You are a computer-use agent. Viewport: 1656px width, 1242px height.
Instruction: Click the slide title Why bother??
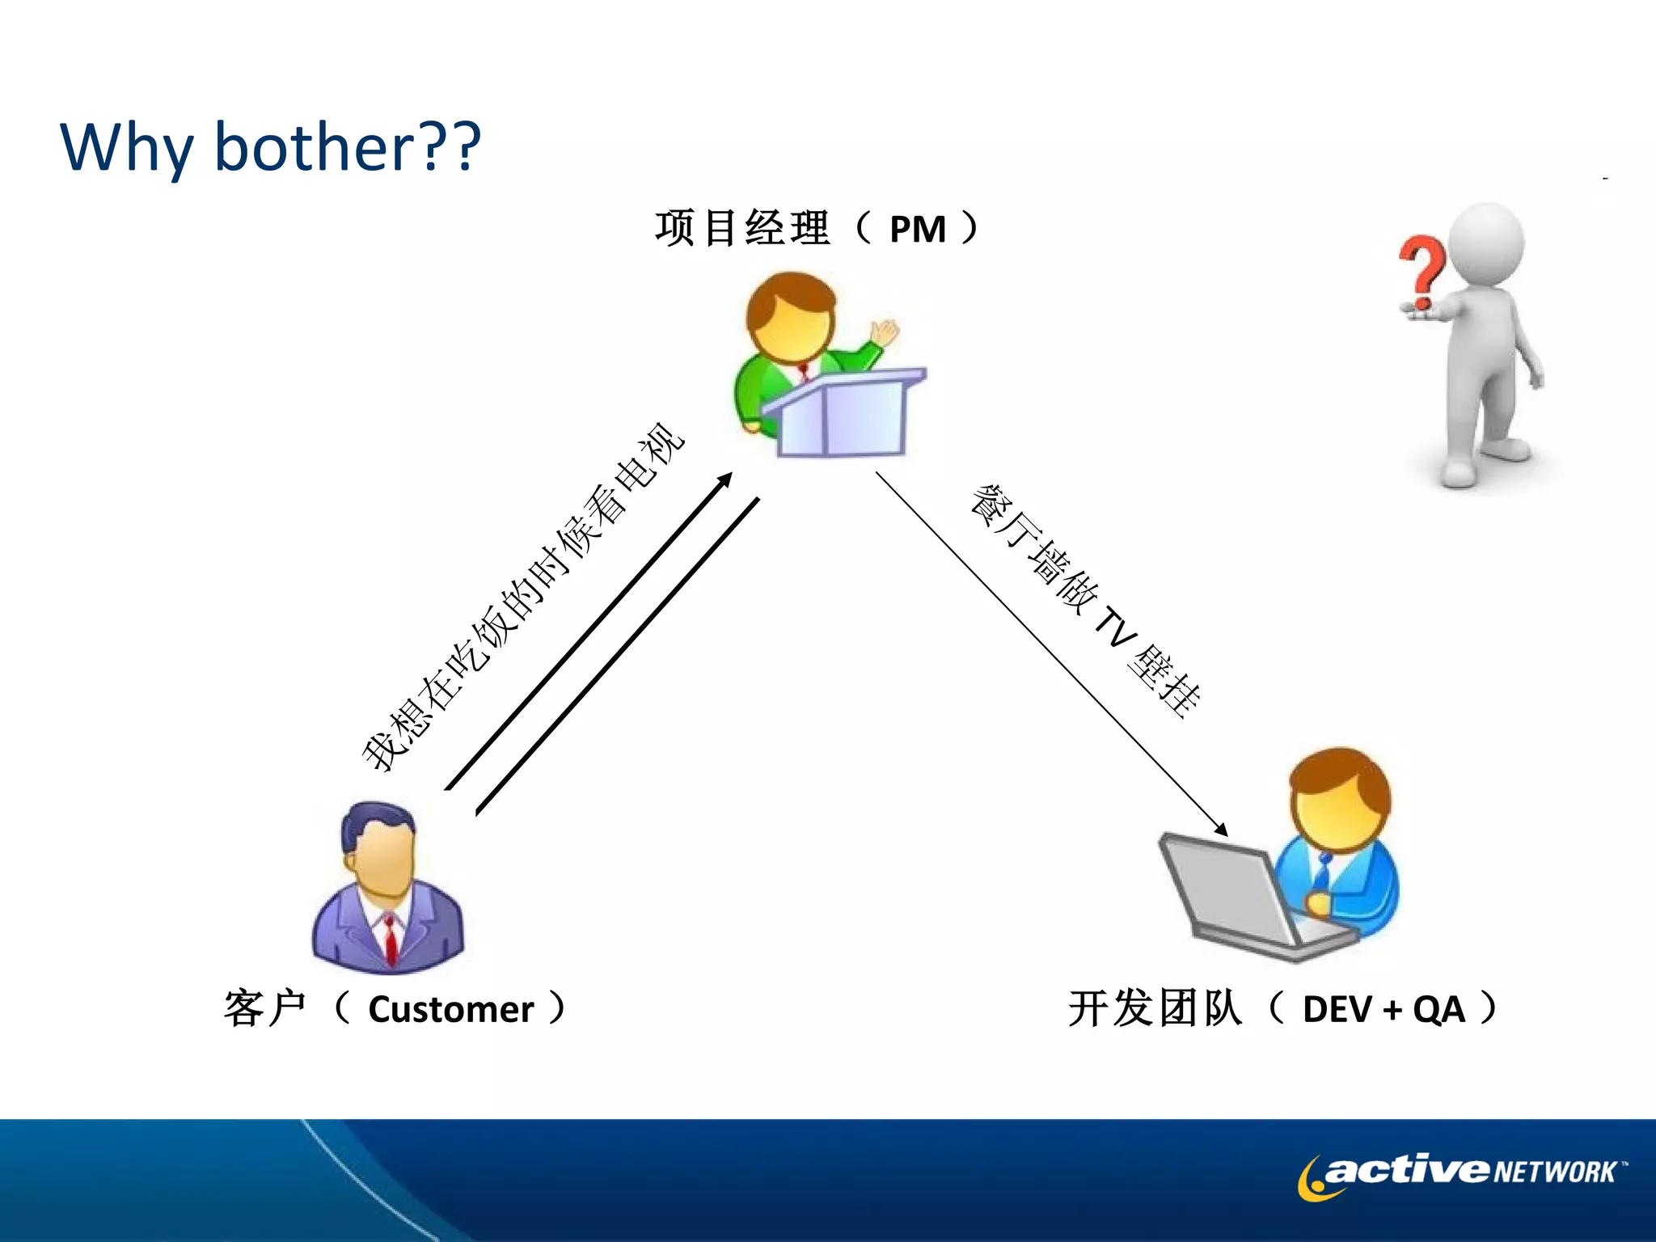point(271,148)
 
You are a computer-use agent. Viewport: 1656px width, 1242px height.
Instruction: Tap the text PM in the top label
point(917,230)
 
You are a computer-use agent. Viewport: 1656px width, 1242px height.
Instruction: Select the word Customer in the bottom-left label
point(450,1010)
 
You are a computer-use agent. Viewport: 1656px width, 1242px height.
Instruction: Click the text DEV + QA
point(1384,1010)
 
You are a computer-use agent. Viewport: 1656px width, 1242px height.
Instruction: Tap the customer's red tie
point(391,938)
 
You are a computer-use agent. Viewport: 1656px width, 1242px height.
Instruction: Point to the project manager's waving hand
point(885,332)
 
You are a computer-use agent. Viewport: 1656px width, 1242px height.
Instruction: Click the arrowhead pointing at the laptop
point(1222,830)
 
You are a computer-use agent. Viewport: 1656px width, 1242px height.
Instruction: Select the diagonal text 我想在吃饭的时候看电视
point(522,598)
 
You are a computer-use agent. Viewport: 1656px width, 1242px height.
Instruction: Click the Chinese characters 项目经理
point(741,228)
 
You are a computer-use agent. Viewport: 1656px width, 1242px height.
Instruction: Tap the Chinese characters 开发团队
point(1155,1009)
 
